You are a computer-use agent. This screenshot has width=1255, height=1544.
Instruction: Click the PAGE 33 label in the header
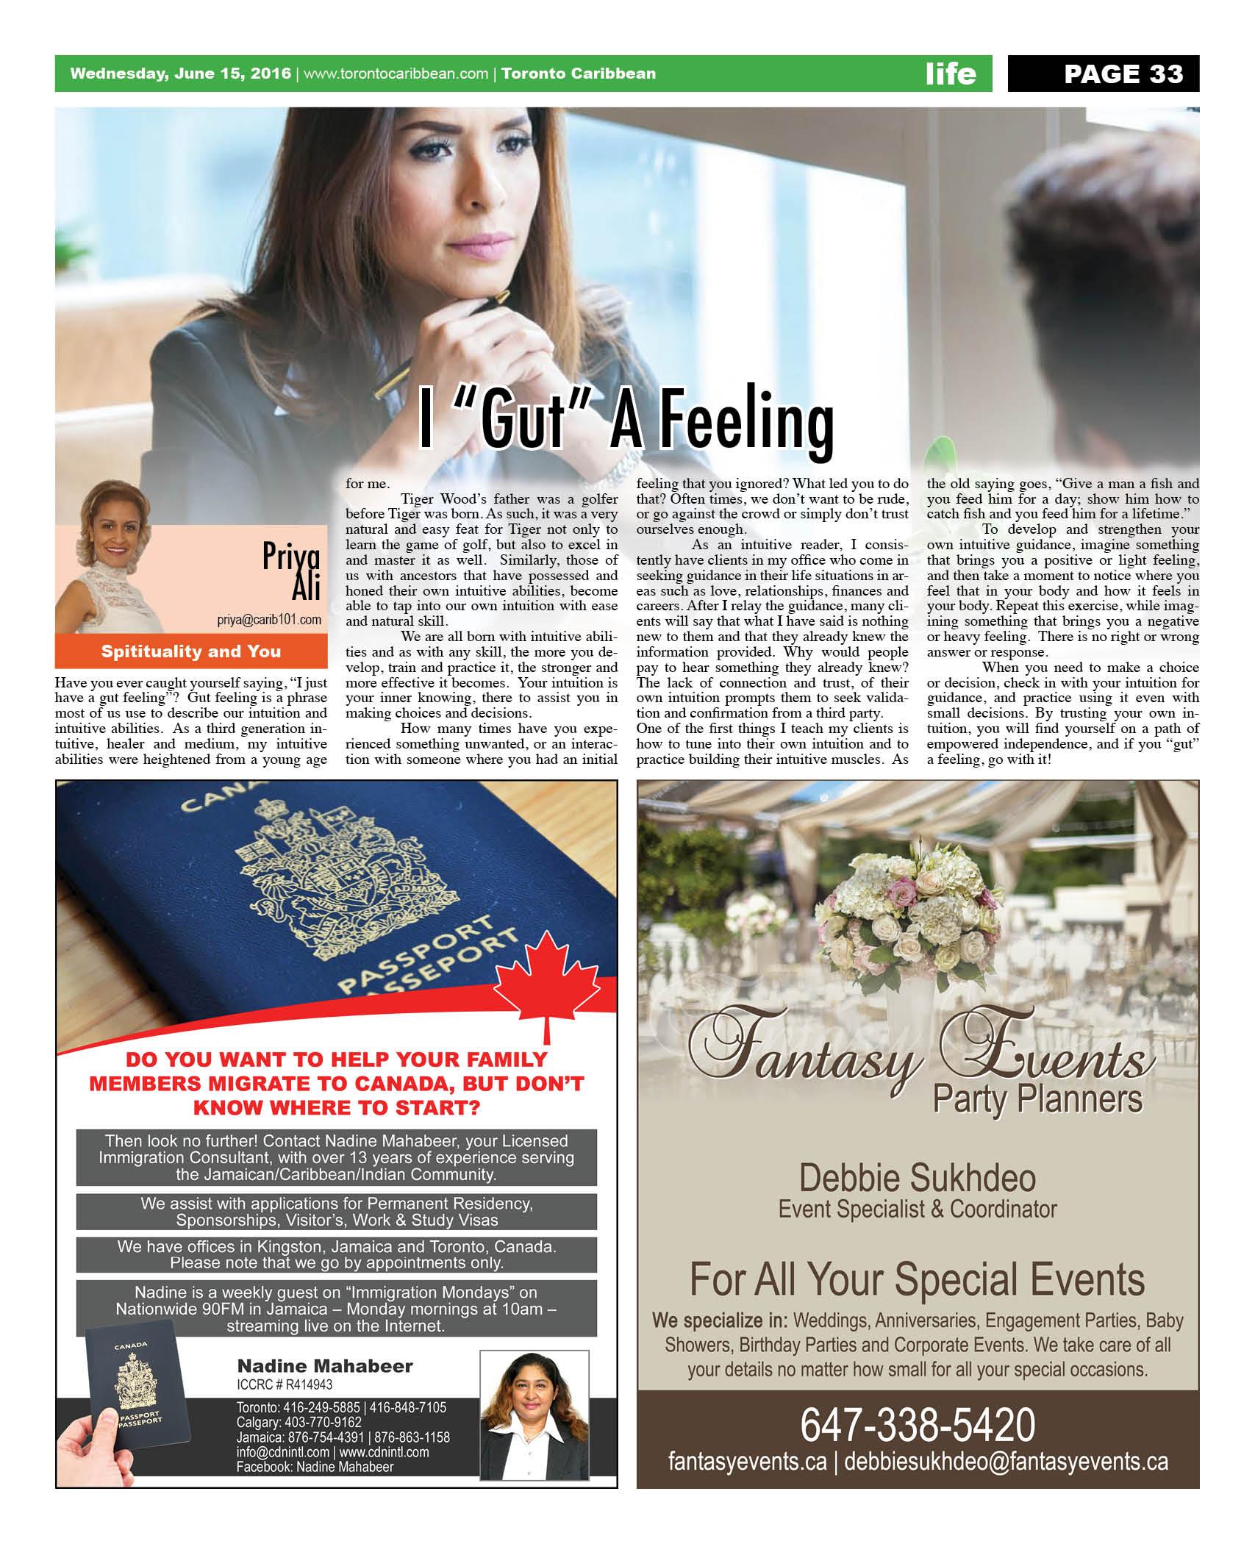1123,74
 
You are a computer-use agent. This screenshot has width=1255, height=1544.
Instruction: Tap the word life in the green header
951,74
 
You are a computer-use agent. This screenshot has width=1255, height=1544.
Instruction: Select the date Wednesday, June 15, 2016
180,74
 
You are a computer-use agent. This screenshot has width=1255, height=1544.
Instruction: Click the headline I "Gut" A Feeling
626,421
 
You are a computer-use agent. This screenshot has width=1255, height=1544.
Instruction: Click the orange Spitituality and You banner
191,651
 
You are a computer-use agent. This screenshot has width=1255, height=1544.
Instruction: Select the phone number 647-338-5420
917,1425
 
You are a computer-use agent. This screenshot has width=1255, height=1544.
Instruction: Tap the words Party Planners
1037,1100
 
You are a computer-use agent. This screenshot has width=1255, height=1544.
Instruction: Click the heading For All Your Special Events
917,1280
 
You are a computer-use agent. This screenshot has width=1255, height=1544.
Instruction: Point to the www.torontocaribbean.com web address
396,74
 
